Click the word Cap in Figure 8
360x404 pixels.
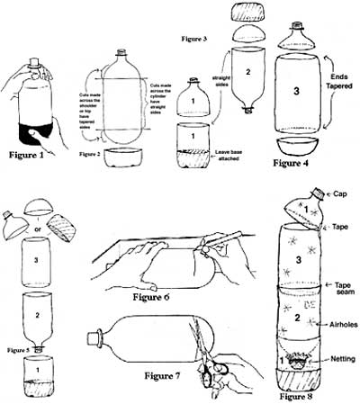[x=341, y=193]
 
